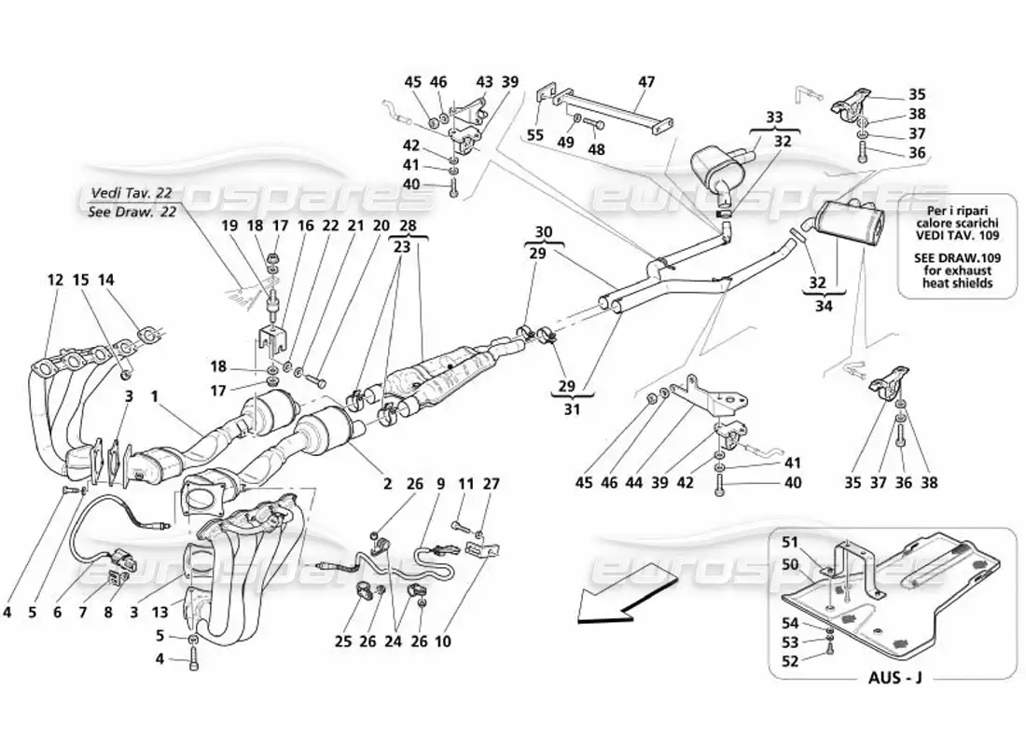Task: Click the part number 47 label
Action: click(646, 82)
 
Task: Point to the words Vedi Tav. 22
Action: click(132, 192)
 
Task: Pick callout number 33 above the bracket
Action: click(775, 118)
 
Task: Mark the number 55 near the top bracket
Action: click(535, 135)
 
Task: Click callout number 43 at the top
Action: click(484, 82)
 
